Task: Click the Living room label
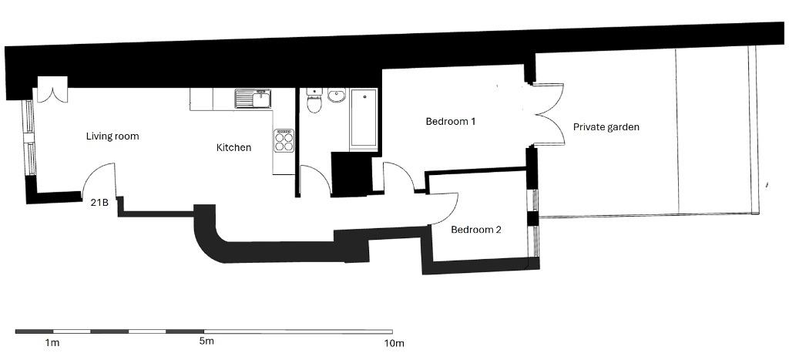tap(112, 136)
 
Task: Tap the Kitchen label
tap(233, 147)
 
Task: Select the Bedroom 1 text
tap(451, 121)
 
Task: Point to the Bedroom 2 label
tap(476, 230)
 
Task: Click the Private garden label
tap(606, 127)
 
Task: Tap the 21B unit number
tap(99, 204)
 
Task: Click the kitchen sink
tap(253, 99)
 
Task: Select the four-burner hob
tap(284, 141)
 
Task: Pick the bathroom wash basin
tap(337, 95)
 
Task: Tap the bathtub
tap(364, 119)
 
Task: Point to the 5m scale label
tap(206, 341)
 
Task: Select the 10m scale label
tap(394, 344)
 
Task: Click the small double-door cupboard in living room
tap(53, 89)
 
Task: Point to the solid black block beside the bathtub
tap(351, 174)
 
